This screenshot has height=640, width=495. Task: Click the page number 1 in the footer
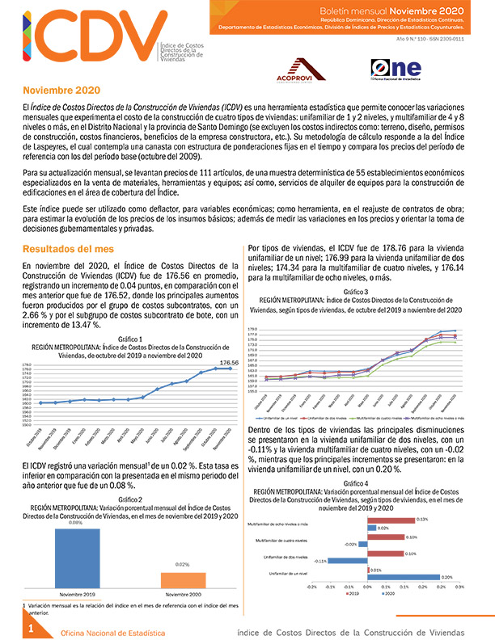click(x=29, y=628)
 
